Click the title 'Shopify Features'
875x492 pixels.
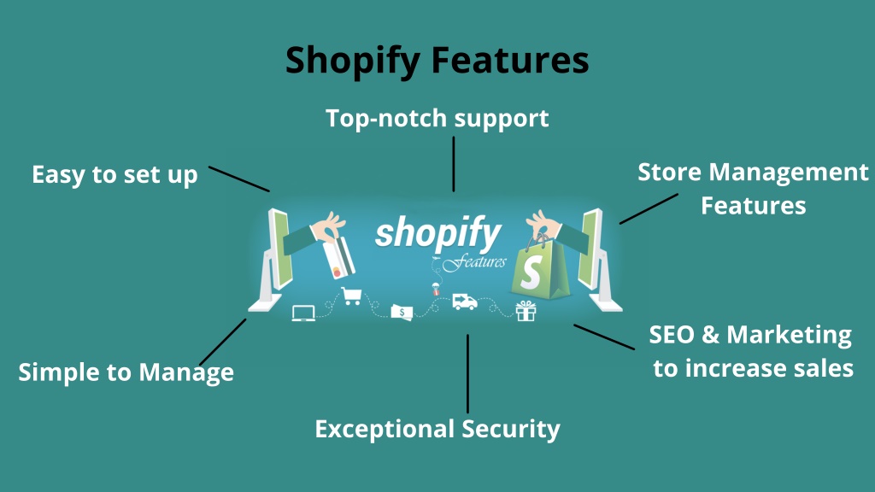pyautogui.click(x=437, y=61)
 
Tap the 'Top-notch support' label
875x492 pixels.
pyautogui.click(x=437, y=119)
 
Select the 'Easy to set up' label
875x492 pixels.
pyautogui.click(x=115, y=175)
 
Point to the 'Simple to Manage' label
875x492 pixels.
pyautogui.click(x=126, y=372)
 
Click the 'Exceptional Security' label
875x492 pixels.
pyautogui.click(x=437, y=430)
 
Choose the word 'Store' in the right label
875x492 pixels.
pyautogui.click(x=670, y=172)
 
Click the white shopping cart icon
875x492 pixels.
pyautogui.click(x=351, y=296)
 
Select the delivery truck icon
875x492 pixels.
pyautogui.click(x=464, y=302)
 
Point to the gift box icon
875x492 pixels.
pyautogui.click(x=526, y=311)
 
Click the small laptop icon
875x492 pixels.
pyautogui.click(x=303, y=313)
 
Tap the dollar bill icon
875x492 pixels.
pyautogui.click(x=402, y=313)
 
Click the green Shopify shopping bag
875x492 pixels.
pyautogui.click(x=540, y=269)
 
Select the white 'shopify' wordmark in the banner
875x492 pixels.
pyautogui.click(x=438, y=233)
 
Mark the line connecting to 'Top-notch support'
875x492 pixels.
pyautogui.click(x=454, y=164)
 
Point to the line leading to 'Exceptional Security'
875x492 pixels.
pyautogui.click(x=467, y=373)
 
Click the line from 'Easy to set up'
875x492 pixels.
pyautogui.click(x=239, y=179)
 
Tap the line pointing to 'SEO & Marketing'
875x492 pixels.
pyautogui.click(x=604, y=337)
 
